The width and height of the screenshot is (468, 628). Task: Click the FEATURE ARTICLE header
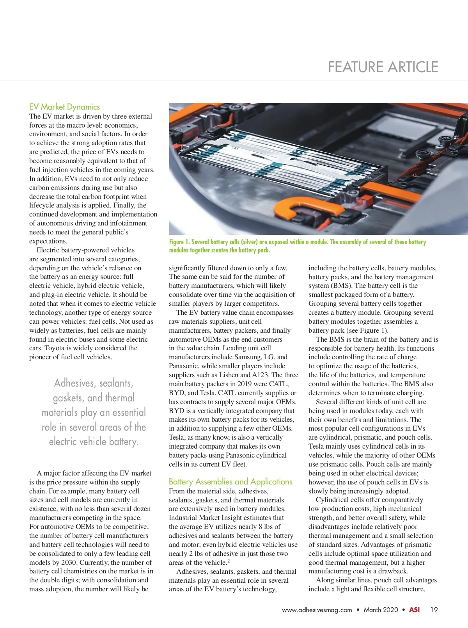383,67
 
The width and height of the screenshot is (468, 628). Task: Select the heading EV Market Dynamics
64,107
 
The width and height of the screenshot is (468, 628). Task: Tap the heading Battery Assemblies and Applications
230,482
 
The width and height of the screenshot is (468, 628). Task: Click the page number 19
434,610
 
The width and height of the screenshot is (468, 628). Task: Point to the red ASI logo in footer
414,610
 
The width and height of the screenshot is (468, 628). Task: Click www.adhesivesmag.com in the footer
317,610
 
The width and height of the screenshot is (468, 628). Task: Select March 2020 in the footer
381,610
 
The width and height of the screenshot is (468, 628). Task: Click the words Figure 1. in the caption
179,242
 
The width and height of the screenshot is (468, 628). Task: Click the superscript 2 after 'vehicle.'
229,561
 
